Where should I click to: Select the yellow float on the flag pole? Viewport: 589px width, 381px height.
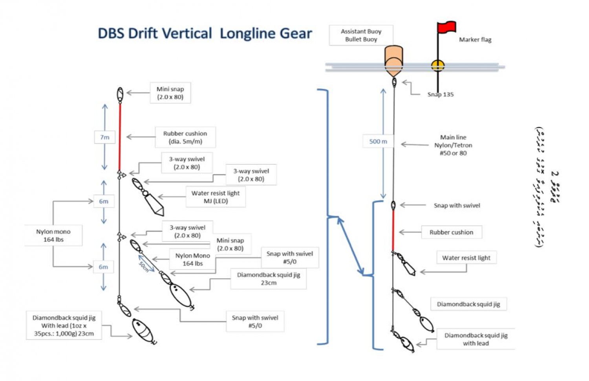pos(438,66)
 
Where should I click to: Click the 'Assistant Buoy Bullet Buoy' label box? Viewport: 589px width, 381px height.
pos(361,35)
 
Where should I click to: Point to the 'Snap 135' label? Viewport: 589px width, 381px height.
pos(440,94)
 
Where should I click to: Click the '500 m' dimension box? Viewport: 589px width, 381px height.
pos(378,142)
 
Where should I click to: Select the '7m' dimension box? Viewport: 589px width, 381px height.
pos(104,137)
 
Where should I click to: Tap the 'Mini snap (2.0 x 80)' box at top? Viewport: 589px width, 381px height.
pos(170,93)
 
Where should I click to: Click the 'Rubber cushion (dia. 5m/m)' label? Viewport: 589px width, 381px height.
pos(185,137)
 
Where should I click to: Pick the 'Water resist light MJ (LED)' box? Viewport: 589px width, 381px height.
pos(216,197)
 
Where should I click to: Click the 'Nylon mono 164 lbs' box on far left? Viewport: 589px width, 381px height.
pos(53,236)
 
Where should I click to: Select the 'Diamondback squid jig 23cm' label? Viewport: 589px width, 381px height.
pos(268,279)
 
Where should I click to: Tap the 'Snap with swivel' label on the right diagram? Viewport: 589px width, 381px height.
pos(457,205)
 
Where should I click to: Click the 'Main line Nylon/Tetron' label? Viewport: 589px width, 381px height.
pos(453,145)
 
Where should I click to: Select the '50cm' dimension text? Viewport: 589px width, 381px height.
pos(144,266)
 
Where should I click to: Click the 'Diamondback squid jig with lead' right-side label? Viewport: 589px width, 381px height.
pos(476,339)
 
